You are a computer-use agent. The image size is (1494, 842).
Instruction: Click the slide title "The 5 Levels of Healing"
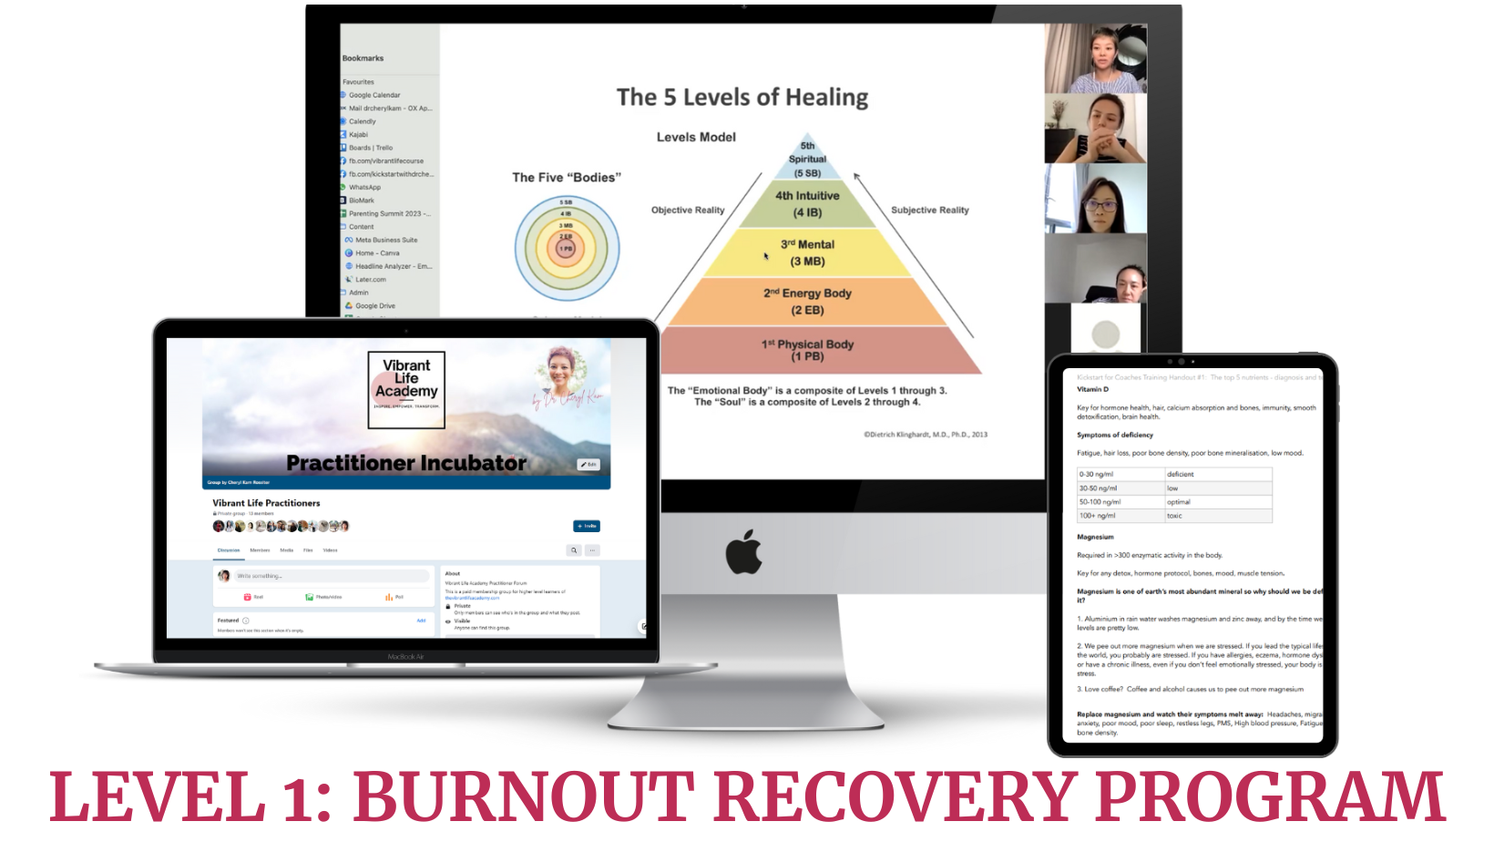coord(742,98)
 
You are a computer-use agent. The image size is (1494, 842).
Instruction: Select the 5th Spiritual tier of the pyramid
coord(807,159)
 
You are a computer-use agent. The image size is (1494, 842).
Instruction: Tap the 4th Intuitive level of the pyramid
coord(807,204)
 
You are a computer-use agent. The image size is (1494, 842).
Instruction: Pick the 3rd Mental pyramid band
coord(807,252)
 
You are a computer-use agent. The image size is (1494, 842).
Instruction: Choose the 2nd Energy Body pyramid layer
coord(807,302)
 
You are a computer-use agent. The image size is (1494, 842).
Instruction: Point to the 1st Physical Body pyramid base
coord(807,350)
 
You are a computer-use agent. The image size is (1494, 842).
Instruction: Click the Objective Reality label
coord(688,210)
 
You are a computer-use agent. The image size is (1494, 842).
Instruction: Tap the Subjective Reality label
coord(929,210)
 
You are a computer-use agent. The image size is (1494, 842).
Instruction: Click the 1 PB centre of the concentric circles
coord(567,248)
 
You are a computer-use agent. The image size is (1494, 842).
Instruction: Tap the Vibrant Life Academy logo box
coord(406,389)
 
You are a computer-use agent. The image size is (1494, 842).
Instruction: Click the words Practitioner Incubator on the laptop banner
coord(406,463)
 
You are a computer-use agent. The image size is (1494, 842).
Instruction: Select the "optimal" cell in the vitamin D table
coord(1179,502)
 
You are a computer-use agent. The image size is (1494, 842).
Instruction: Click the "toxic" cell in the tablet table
coord(1174,516)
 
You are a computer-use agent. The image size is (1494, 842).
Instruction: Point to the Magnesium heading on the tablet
coord(1095,537)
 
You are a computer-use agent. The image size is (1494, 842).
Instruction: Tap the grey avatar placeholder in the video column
coord(1105,333)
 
